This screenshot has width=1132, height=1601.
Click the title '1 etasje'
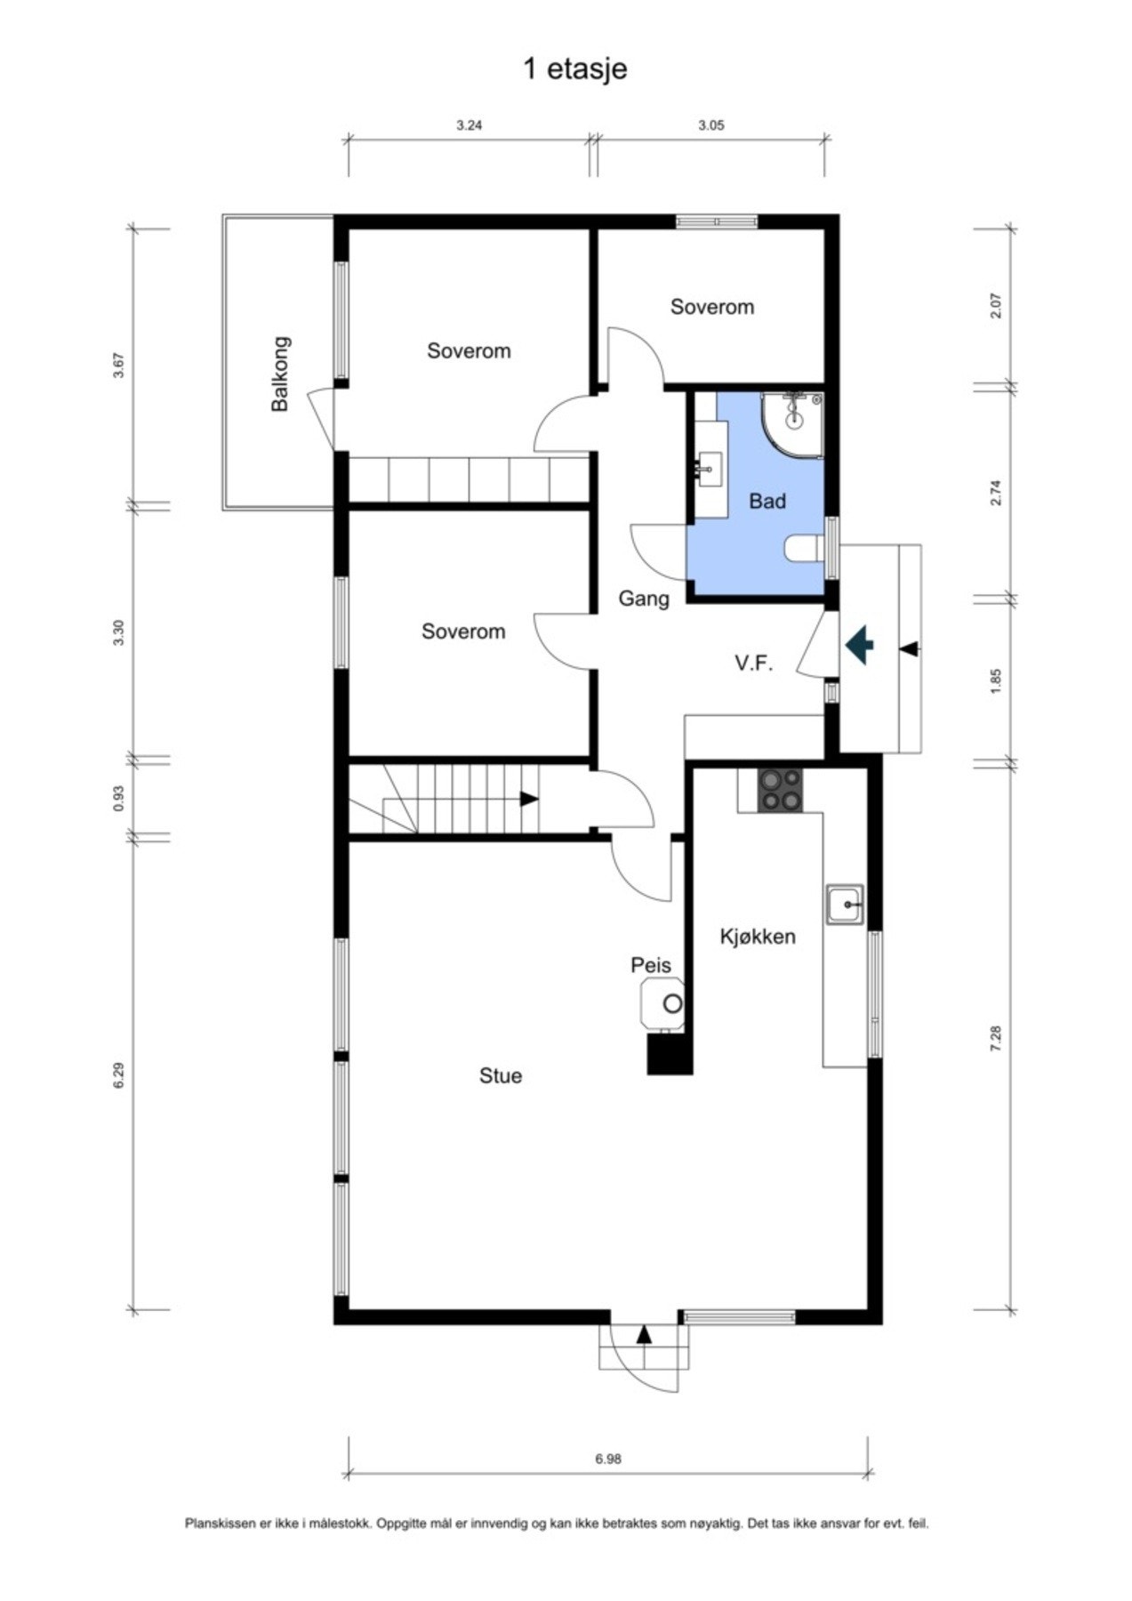[575, 69]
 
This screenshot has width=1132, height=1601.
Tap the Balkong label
[280, 374]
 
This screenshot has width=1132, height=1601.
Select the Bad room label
[767, 502]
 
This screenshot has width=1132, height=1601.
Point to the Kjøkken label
[758, 937]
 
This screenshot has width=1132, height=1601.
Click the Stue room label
[501, 1076]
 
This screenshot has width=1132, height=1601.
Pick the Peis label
[651, 965]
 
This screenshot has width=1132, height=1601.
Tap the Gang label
[644, 599]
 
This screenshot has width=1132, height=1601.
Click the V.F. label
[753, 664]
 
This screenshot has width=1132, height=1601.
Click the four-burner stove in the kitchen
[780, 790]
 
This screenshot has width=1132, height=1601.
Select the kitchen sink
[844, 905]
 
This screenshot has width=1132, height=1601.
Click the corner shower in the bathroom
[792, 424]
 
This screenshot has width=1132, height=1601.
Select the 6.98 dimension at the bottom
[608, 1460]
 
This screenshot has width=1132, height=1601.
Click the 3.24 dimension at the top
[469, 125]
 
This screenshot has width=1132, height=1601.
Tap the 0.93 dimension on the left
[119, 798]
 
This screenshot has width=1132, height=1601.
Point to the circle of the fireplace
[673, 1004]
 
